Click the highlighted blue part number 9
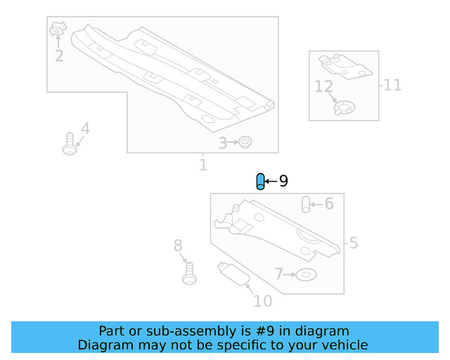pos(260,181)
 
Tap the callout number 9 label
pos(283,181)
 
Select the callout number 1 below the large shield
pos(203,165)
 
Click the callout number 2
pos(59,56)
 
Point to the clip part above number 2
pos(58,30)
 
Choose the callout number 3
pos(222,143)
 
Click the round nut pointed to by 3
pos(245,143)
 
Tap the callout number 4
pos(85,129)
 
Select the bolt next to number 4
pos(69,143)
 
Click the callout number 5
pos(353,243)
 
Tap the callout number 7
pos(278,274)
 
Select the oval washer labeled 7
pos(306,274)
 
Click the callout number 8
pos(178,245)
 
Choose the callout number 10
pos(262,302)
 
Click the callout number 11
pos(392,85)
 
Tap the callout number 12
pos(323,87)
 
